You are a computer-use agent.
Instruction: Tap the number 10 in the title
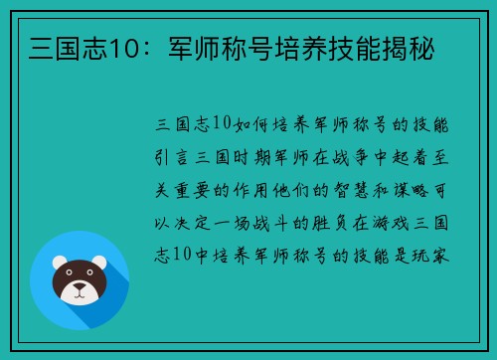102,46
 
